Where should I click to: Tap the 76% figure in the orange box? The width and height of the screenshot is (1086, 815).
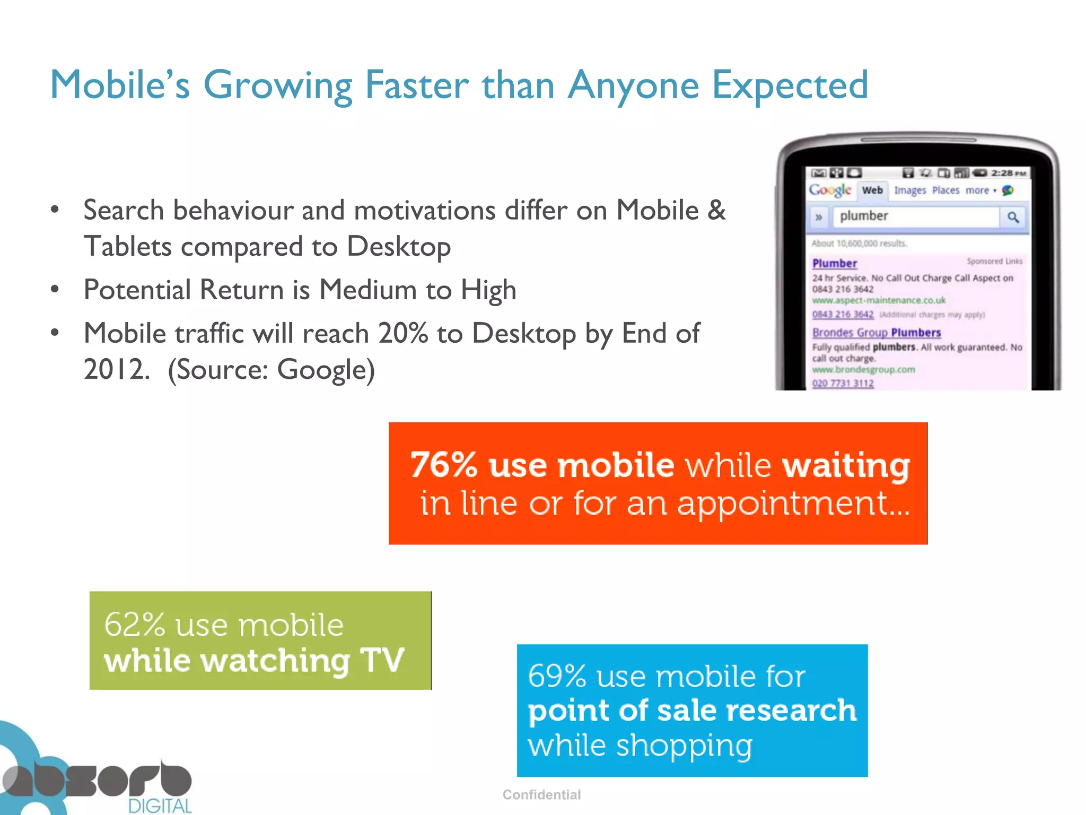pos(443,465)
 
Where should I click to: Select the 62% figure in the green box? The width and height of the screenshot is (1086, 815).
pos(135,625)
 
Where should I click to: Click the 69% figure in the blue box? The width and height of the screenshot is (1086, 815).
pos(557,677)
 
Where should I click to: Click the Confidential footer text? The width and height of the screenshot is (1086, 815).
pos(541,794)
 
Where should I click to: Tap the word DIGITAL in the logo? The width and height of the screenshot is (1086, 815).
pos(159,805)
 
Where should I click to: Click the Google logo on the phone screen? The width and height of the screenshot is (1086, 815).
pos(829,190)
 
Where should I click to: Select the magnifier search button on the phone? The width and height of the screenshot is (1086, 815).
pos(1013,217)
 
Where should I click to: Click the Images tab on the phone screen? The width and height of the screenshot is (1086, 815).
pos(910,190)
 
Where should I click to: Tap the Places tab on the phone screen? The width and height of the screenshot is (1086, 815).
pos(945,190)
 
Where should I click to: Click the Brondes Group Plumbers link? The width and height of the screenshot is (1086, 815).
pos(876,333)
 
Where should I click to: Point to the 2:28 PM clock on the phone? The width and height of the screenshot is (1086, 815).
pos(1008,173)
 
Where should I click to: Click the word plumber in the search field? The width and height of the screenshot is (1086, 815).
pos(863,216)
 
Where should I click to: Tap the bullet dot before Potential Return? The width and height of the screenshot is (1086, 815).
pos(55,290)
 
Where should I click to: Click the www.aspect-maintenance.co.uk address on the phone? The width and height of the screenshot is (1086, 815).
pos(878,300)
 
